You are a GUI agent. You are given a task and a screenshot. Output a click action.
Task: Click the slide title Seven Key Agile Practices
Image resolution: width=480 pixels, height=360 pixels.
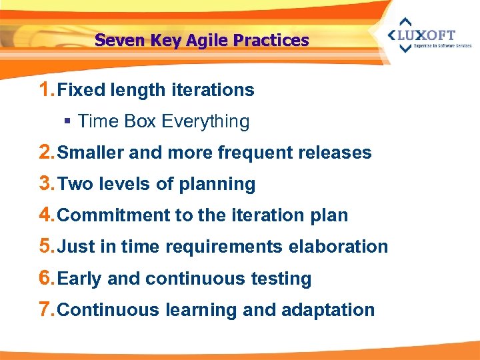point(201,41)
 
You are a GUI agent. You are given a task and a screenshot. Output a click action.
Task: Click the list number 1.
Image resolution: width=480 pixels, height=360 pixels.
point(47,89)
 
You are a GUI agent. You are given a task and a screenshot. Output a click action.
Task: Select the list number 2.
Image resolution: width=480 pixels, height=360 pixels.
point(47,152)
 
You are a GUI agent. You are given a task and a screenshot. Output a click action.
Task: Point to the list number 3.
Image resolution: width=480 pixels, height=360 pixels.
point(47,183)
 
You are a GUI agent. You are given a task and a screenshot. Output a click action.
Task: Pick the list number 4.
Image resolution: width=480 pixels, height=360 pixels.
point(47,215)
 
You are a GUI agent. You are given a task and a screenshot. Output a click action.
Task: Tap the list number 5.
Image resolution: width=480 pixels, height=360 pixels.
point(47,246)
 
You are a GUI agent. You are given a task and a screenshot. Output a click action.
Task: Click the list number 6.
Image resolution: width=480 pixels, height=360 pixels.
point(47,278)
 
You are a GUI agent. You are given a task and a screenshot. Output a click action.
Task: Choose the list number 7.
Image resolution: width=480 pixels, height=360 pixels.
point(47,309)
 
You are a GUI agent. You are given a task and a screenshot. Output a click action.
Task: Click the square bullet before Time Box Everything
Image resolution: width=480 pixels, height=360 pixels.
point(67,122)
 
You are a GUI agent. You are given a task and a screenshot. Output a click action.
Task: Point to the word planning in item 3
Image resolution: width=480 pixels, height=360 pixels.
point(217,185)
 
